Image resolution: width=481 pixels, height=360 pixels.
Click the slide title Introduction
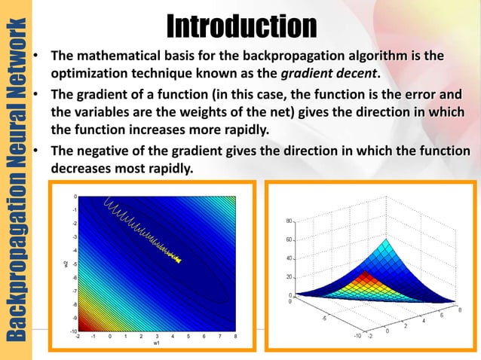[241, 26]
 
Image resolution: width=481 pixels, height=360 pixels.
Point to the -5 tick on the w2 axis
[73, 263]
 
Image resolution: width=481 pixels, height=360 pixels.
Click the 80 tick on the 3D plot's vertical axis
[290, 221]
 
